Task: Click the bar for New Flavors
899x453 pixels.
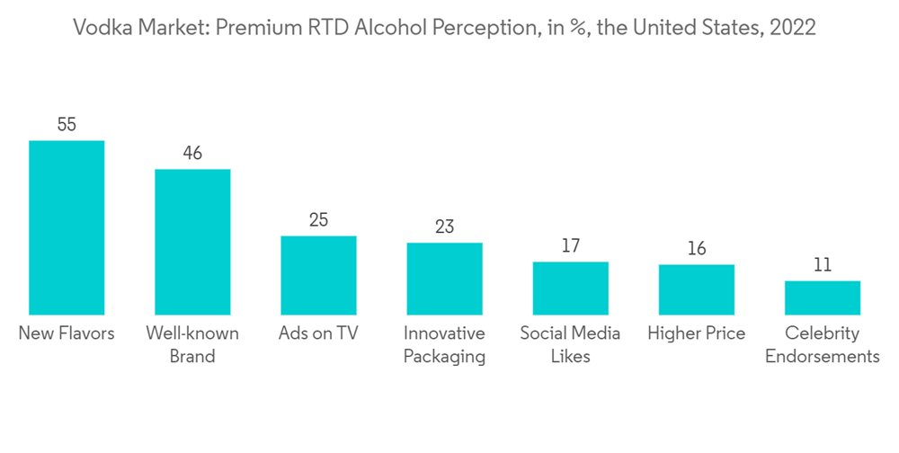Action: tap(67, 226)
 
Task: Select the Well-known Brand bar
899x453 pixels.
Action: tap(192, 241)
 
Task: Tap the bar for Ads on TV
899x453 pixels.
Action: tap(318, 274)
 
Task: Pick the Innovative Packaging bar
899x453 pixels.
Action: tap(444, 278)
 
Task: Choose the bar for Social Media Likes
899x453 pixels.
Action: tap(570, 288)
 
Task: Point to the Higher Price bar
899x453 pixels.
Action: tap(696, 289)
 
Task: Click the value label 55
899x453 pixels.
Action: tap(67, 125)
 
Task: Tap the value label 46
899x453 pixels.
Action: tap(192, 154)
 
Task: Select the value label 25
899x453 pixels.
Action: tap(318, 220)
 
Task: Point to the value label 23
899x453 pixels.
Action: tap(444, 226)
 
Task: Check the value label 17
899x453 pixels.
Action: tap(570, 245)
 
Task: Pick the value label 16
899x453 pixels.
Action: tap(696, 249)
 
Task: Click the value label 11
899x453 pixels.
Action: tap(822, 265)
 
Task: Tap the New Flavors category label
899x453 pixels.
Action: tap(67, 333)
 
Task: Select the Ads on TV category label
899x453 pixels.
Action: tap(318, 333)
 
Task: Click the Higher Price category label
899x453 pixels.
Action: tap(696, 333)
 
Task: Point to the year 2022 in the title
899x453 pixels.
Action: tap(793, 27)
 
